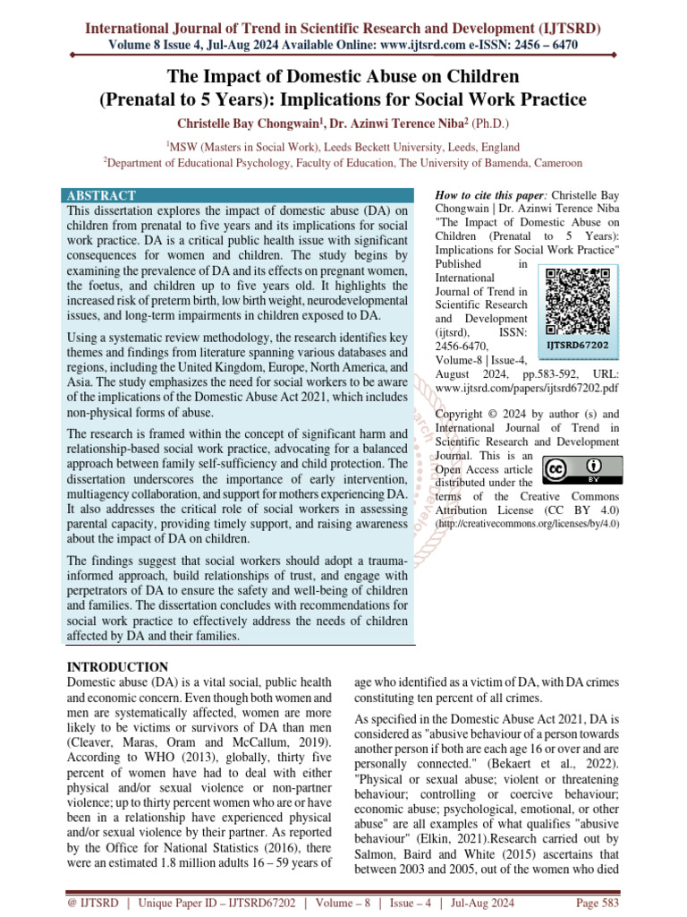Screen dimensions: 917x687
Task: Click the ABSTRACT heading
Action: [x=101, y=195]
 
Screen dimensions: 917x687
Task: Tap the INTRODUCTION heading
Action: [x=118, y=667]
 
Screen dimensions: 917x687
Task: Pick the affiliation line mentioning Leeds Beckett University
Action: [x=343, y=145]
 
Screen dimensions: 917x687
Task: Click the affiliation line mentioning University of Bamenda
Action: [x=343, y=163]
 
